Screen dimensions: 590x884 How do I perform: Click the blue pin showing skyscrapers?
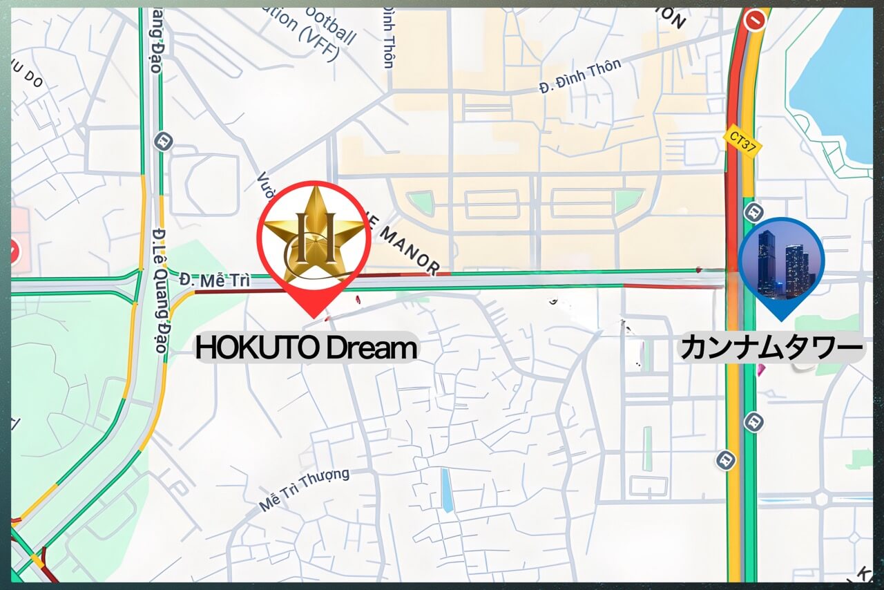[x=781, y=263]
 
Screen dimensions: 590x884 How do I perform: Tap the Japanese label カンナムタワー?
[x=771, y=348]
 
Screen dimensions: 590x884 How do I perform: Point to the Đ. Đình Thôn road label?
[x=580, y=77]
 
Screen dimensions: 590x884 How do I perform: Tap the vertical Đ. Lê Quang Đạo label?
[x=160, y=290]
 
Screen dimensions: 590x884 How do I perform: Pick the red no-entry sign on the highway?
[x=756, y=19]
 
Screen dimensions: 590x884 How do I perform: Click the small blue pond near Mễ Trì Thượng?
[x=448, y=490]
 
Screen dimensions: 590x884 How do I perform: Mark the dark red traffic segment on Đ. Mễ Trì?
[x=235, y=292]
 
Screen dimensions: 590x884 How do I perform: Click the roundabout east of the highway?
[x=821, y=499]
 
